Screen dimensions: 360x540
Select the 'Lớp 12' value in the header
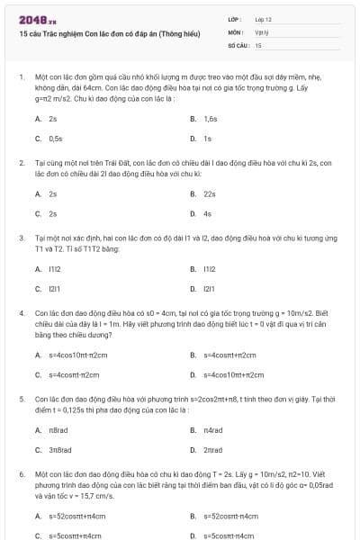click(263, 19)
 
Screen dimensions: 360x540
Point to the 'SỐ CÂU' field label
click(237, 44)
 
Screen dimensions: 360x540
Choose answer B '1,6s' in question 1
click(210, 119)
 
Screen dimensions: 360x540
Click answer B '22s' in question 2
click(210, 193)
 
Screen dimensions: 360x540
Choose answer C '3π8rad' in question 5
click(61, 449)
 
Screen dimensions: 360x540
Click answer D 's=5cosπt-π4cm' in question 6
click(231, 535)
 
